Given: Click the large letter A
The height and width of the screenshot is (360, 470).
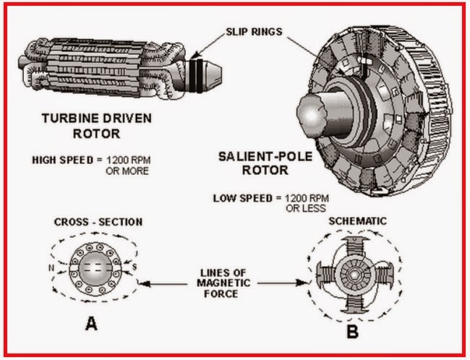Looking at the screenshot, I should coord(92,324).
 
